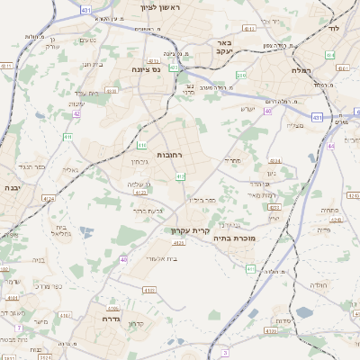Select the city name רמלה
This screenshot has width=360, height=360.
click(x=301, y=70)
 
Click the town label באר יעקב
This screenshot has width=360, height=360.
click(x=225, y=48)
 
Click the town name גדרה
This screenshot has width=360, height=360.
click(x=111, y=319)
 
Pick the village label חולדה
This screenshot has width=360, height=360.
click(x=319, y=284)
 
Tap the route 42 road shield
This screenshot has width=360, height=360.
click(x=76, y=114)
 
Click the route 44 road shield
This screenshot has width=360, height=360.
click(x=330, y=145)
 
